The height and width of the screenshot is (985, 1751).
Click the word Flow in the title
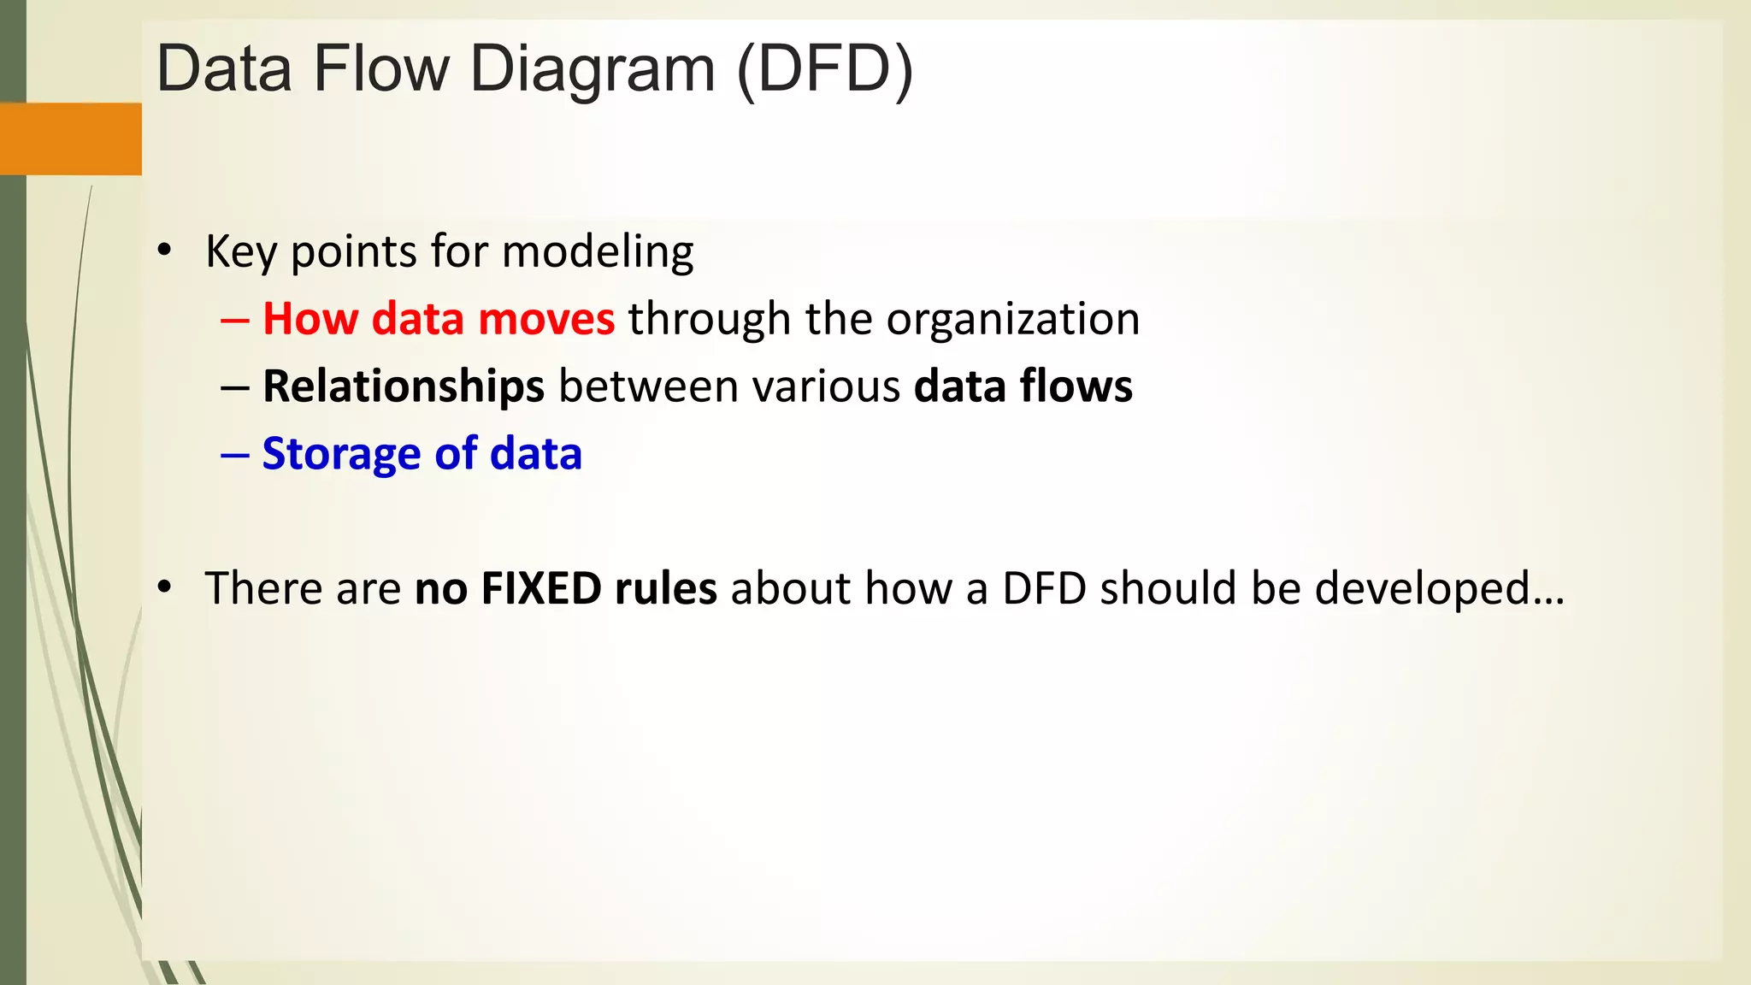[x=380, y=68]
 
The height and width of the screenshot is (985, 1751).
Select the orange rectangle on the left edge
[x=70, y=139]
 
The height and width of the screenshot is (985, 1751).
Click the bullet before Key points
[x=165, y=251]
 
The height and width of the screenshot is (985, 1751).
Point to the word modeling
[x=597, y=253]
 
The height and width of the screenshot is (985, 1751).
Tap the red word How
[x=310, y=319]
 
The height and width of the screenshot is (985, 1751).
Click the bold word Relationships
[x=403, y=387]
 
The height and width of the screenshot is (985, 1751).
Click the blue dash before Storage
[x=234, y=455]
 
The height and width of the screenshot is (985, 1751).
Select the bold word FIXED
[x=541, y=589]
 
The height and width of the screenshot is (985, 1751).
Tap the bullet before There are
[x=165, y=587]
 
